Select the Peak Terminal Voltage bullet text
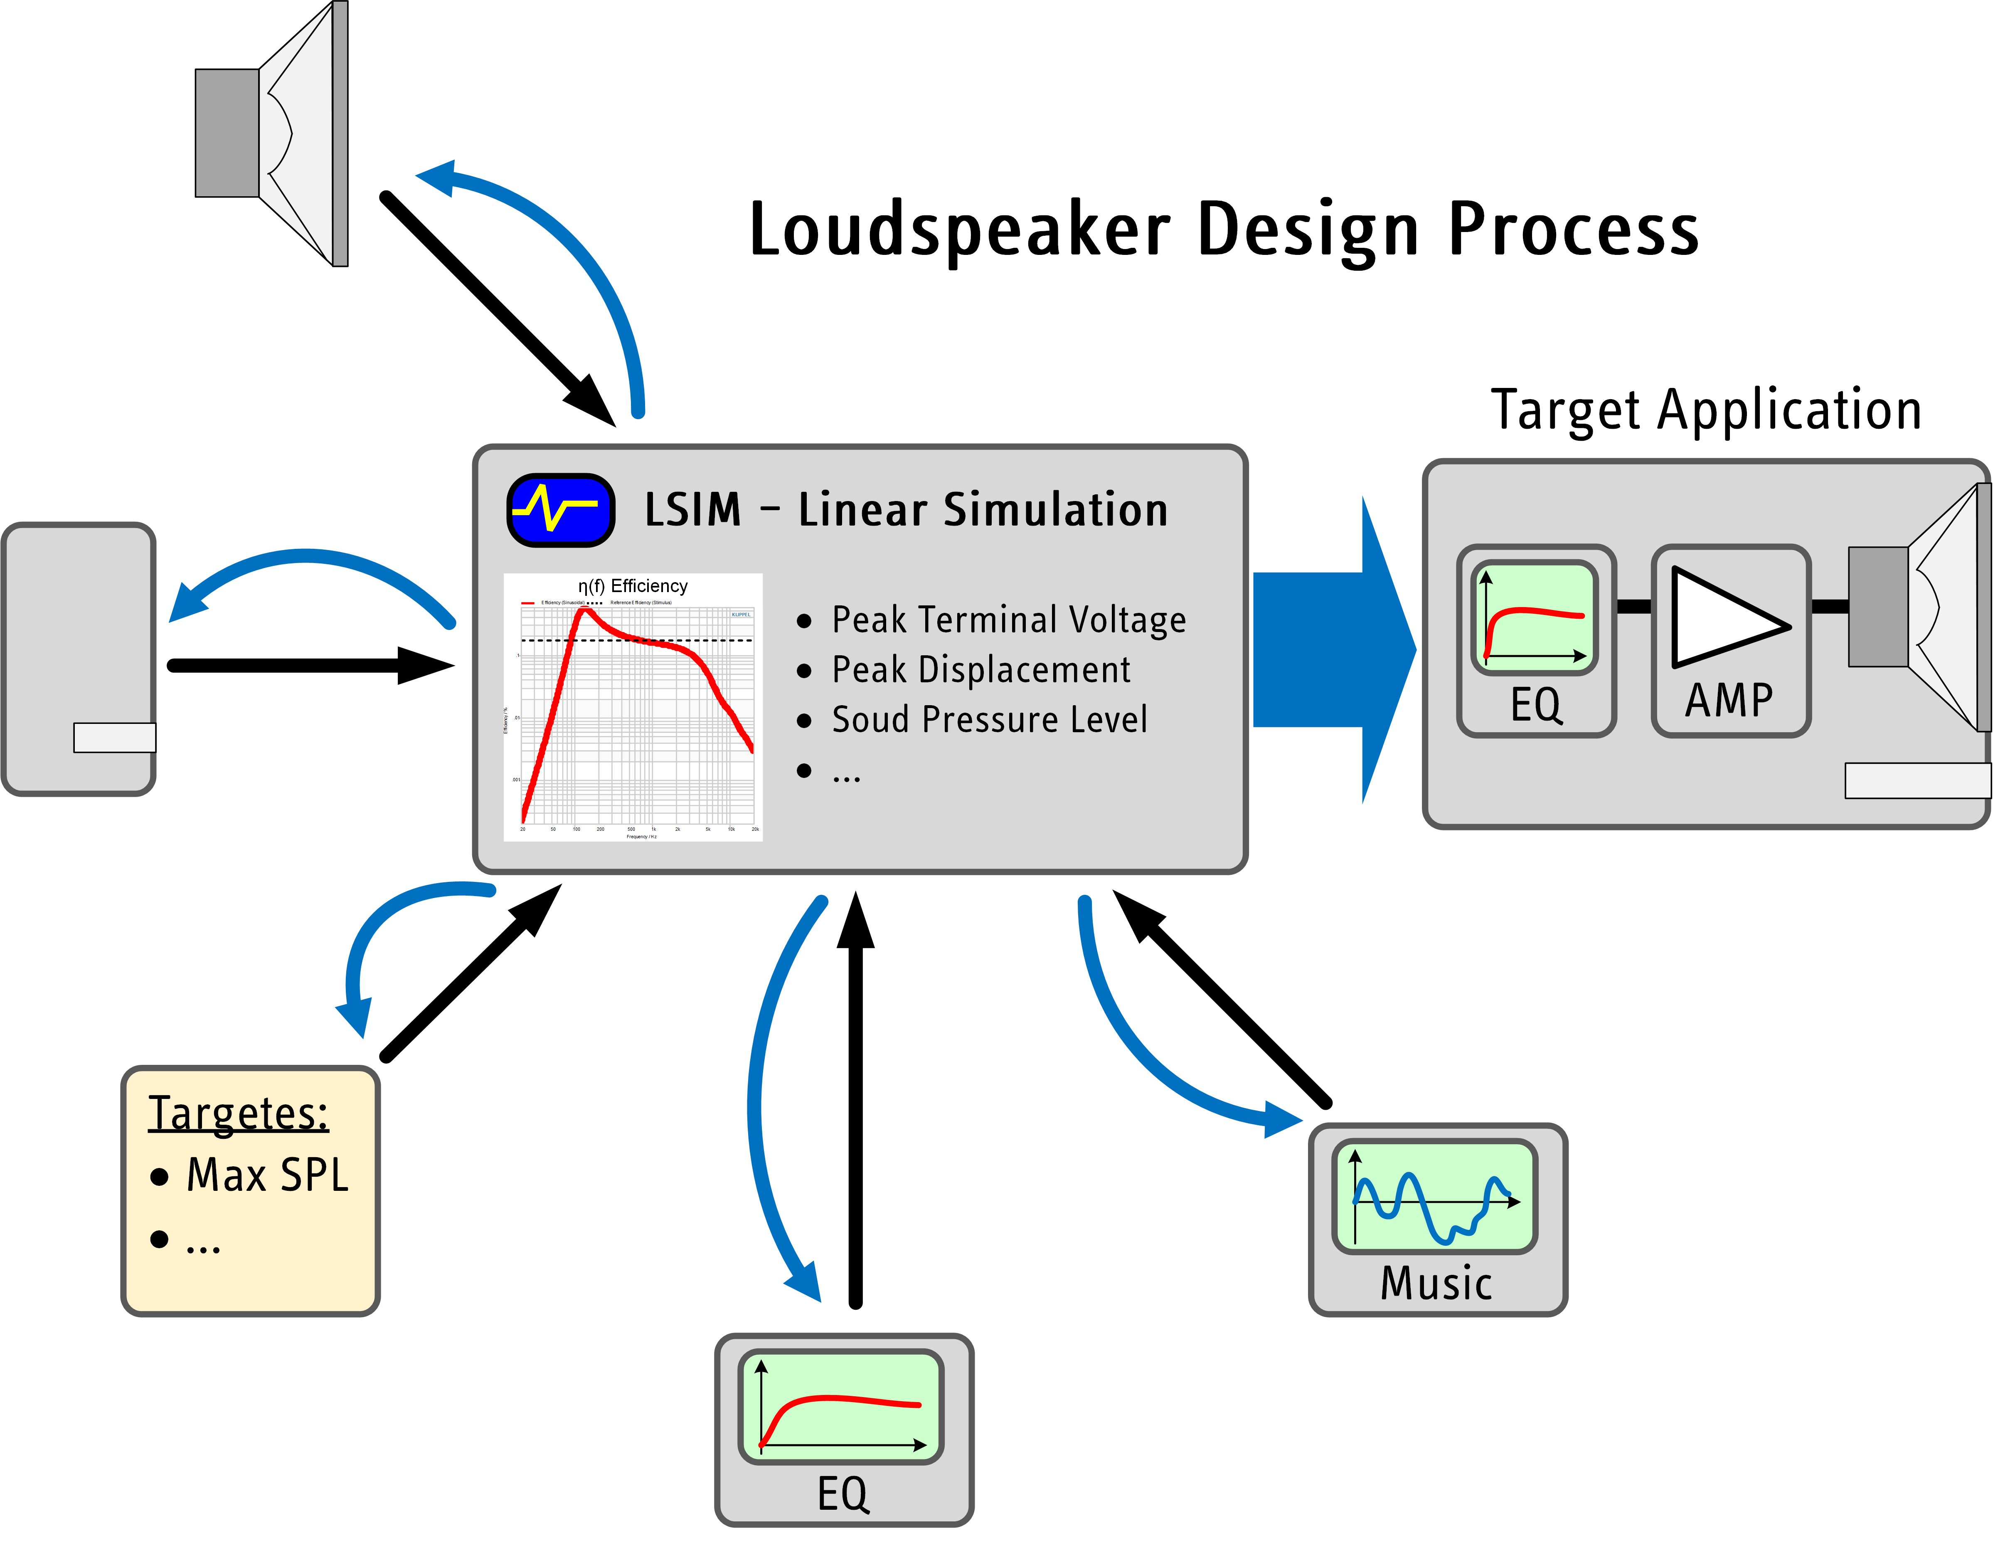tap(1008, 620)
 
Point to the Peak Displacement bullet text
tap(981, 670)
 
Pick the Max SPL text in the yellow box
tap(267, 1175)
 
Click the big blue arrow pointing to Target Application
tap(1332, 650)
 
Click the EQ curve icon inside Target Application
tap(1534, 618)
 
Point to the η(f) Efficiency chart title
tap(632, 586)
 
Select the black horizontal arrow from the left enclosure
tap(310, 665)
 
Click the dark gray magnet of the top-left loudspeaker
tap(227, 133)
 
